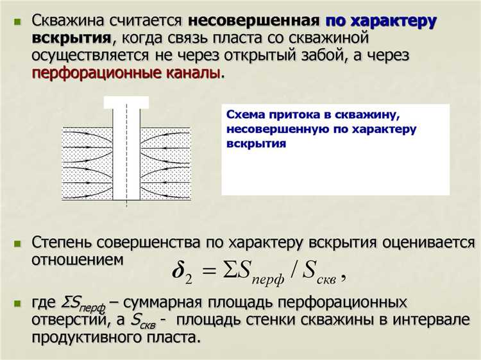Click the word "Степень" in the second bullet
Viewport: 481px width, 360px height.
[62, 243]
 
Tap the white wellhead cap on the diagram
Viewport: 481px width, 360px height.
[126, 102]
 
